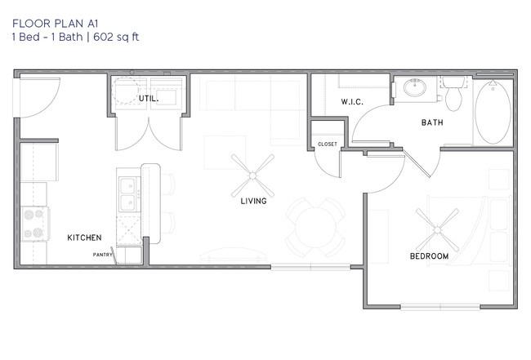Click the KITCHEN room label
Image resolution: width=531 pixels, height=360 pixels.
[x=84, y=238]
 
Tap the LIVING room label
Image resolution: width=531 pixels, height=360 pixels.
[x=253, y=201]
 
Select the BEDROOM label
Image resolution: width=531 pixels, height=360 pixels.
[x=429, y=256]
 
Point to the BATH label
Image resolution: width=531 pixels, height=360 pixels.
[x=432, y=122]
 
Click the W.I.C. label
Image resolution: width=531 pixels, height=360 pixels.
[x=352, y=101]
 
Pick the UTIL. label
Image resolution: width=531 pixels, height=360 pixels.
[x=149, y=99]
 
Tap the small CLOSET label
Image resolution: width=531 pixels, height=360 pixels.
[x=328, y=144]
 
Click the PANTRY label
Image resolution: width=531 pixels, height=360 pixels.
[x=102, y=255]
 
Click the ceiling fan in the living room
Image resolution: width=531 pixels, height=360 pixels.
[x=252, y=176]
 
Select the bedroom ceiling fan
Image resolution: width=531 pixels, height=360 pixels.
[x=437, y=230]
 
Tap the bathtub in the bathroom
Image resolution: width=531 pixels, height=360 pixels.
[x=493, y=112]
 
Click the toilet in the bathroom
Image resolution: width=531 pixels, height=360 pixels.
[x=453, y=93]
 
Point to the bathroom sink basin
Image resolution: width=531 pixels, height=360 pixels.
[x=415, y=87]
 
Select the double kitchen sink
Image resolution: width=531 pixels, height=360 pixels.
[x=128, y=194]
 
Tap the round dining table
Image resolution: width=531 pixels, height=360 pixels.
[x=315, y=227]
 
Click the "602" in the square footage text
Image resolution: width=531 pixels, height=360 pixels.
[x=103, y=37]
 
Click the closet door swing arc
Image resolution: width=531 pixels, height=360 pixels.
[x=322, y=169]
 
